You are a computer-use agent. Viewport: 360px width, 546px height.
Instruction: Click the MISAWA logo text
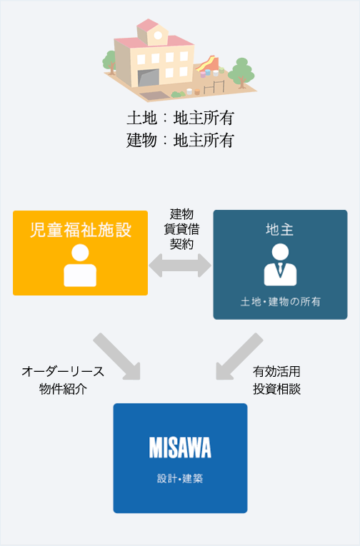(180, 448)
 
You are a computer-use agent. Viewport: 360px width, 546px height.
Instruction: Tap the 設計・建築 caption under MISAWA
(180, 478)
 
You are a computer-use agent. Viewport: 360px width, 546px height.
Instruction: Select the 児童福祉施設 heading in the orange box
(81, 230)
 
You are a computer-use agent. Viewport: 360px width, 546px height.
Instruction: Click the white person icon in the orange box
(80, 266)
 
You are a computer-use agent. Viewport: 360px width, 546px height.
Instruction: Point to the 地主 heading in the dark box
(279, 230)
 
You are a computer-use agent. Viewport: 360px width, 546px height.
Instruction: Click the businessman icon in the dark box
(280, 265)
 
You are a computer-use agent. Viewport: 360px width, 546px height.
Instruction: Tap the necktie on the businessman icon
(281, 271)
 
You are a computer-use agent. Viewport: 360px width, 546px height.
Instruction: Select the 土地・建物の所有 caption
(280, 302)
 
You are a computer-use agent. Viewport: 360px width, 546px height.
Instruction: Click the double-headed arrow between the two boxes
(180, 266)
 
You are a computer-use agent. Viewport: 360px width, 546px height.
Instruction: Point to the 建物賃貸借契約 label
(181, 229)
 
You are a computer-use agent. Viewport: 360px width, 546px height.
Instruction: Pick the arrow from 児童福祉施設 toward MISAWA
(116, 356)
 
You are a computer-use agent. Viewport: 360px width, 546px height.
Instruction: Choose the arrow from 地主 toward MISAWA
(239, 356)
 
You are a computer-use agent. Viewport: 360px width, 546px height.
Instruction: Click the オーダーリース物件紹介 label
(63, 380)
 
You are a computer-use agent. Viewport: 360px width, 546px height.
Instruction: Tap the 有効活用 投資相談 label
(276, 380)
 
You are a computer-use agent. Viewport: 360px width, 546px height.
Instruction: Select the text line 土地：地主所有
(180, 118)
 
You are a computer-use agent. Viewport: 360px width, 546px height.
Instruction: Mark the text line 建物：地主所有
(180, 141)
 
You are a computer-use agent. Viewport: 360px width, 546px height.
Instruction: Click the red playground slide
(208, 64)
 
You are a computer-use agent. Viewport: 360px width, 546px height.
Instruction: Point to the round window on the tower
(158, 35)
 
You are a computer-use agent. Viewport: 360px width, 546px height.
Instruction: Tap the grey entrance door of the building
(149, 78)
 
